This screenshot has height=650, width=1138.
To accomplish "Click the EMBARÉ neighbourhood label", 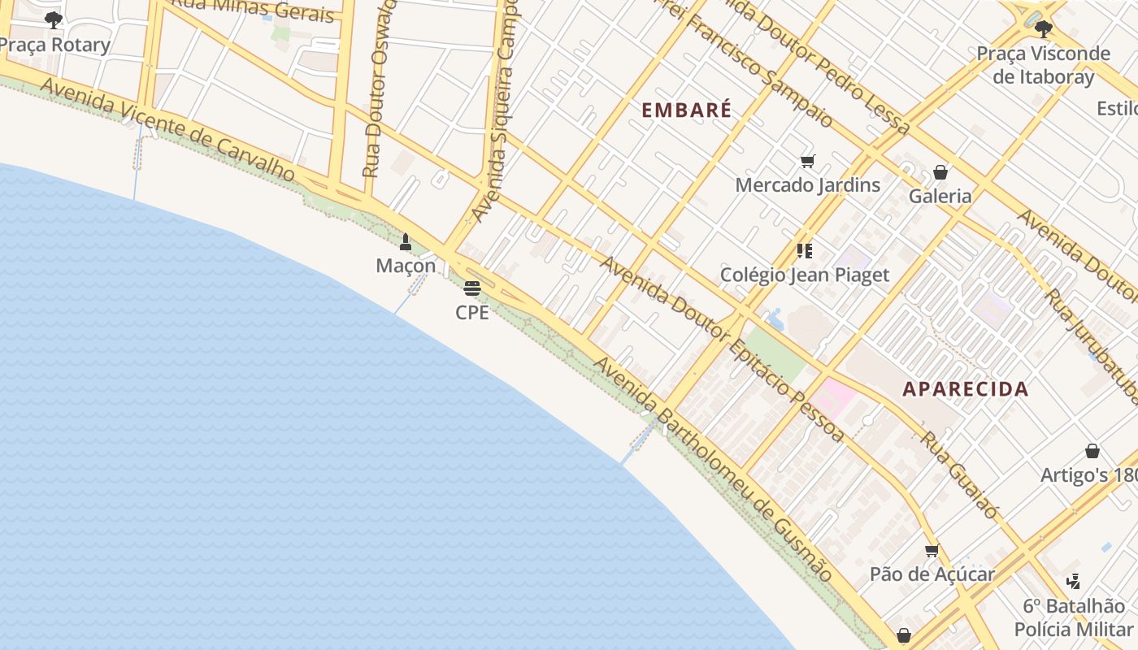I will (x=687, y=110).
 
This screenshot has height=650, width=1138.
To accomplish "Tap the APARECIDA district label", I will (x=966, y=388).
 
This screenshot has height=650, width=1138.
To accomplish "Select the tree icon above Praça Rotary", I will (x=54, y=20).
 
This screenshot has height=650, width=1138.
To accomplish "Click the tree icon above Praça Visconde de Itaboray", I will (x=1044, y=29).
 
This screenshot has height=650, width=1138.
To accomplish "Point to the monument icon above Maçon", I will (x=406, y=241).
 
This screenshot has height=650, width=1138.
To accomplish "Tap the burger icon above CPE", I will (x=472, y=288).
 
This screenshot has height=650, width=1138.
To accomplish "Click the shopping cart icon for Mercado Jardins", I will (x=807, y=161).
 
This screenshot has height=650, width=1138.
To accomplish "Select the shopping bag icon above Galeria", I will (x=940, y=172).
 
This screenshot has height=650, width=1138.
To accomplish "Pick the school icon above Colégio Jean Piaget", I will (x=805, y=250).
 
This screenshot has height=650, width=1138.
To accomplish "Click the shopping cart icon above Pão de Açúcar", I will (x=932, y=551).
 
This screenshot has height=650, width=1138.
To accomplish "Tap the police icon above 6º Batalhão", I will (x=1073, y=581).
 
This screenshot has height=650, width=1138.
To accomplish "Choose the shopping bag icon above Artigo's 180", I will (x=1092, y=451).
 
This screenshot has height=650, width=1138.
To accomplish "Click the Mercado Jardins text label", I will (x=807, y=185).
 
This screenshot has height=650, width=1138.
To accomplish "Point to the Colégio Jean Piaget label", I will (x=805, y=275).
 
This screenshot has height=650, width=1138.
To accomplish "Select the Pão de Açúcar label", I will (x=932, y=574).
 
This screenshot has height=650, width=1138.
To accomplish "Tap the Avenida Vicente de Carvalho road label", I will (x=167, y=129).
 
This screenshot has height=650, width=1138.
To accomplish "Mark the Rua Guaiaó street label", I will (x=959, y=474).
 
